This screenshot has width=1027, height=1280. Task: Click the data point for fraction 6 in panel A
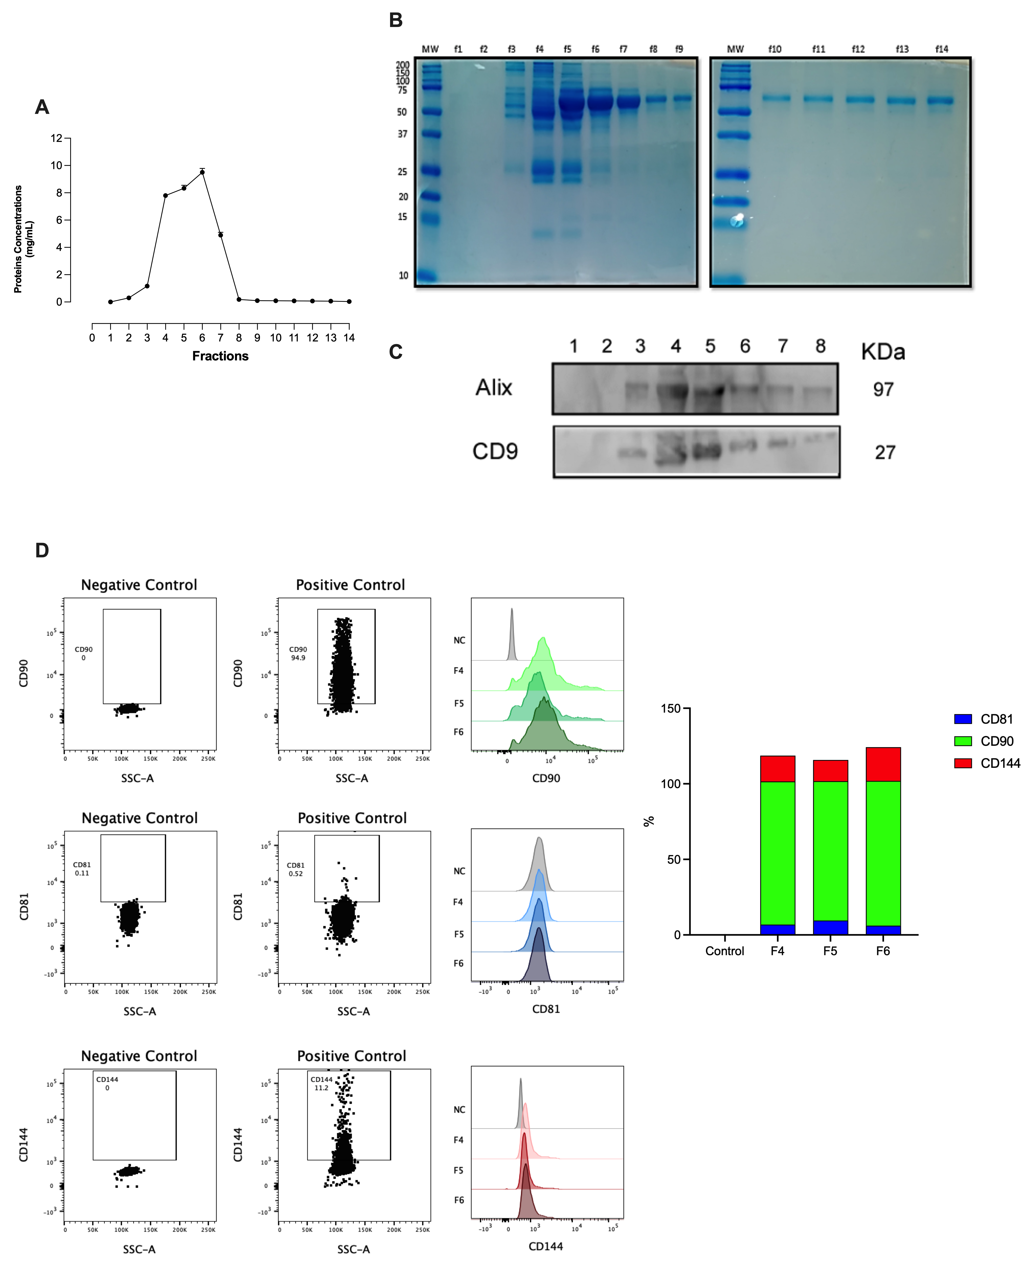[x=202, y=172]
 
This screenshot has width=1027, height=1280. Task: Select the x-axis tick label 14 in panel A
[x=349, y=338]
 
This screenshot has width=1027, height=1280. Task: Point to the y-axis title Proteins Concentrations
[x=18, y=239]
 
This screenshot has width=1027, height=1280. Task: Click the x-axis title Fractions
[x=220, y=356]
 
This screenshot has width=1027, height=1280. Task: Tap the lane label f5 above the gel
[x=567, y=49]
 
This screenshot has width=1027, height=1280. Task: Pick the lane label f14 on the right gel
[x=941, y=49]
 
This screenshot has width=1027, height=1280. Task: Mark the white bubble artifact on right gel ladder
[x=737, y=221]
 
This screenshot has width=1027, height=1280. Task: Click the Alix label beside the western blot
[x=494, y=388]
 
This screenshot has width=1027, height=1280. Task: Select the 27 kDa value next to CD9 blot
[x=884, y=452]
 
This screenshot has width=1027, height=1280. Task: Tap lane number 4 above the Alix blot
[x=675, y=346]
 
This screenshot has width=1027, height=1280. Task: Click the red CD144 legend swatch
[x=962, y=763]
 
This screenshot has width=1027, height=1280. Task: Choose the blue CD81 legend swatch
[x=962, y=719]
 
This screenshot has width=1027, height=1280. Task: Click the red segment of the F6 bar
[x=883, y=764]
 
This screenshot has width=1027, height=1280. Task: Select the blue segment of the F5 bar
[x=830, y=927]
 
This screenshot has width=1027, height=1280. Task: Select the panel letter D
[x=42, y=550]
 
